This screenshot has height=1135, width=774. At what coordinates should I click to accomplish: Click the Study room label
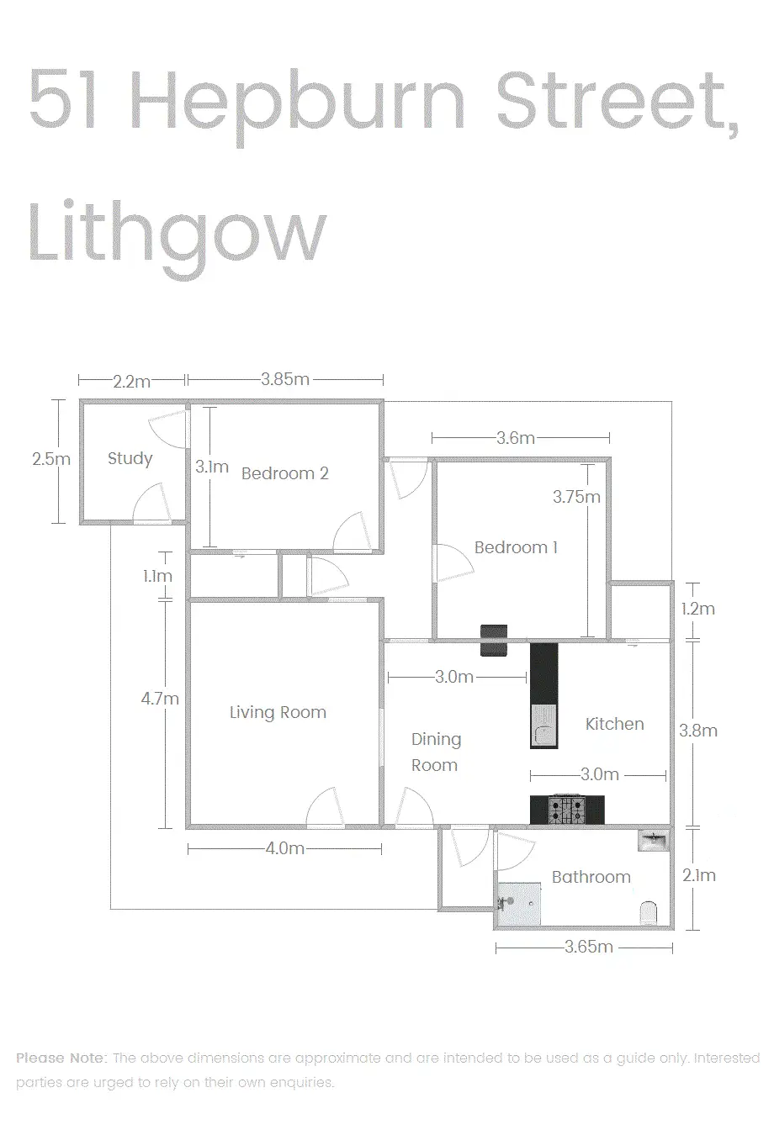(x=130, y=458)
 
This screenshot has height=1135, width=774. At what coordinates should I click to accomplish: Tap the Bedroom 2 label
(x=285, y=473)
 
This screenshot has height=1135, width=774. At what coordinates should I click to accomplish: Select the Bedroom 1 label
(x=516, y=547)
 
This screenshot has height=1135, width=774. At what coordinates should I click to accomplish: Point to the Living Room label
(x=278, y=712)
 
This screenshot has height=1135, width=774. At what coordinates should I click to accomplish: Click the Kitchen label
(x=614, y=724)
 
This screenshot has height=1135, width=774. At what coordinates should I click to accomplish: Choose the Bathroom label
(x=591, y=877)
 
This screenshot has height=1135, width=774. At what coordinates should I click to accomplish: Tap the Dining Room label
(x=436, y=752)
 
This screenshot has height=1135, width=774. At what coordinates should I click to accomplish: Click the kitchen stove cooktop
(x=567, y=810)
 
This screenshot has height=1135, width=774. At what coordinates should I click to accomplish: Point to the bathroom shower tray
(x=519, y=904)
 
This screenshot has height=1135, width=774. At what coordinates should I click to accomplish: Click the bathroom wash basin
(x=654, y=842)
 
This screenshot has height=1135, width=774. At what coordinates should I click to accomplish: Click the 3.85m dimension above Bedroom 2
(x=285, y=379)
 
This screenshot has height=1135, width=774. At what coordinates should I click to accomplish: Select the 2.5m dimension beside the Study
(x=51, y=458)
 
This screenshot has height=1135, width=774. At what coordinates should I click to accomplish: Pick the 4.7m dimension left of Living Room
(x=160, y=699)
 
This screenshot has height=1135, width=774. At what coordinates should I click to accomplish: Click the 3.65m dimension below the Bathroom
(x=588, y=947)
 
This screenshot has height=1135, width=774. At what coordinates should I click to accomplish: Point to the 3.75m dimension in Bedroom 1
(x=576, y=497)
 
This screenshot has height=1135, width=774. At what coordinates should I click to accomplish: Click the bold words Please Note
(x=61, y=1058)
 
